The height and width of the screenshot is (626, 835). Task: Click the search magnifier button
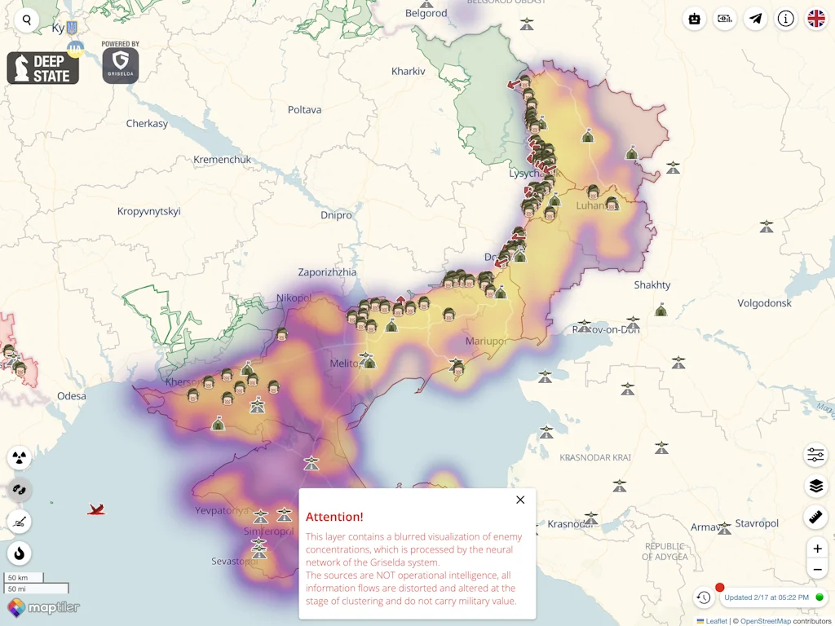coord(27,20)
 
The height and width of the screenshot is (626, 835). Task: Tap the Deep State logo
coord(43,68)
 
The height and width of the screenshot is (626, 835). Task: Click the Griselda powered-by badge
coord(121,64)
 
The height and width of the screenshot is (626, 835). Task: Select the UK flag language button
coord(815,19)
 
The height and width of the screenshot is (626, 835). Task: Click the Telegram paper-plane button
coord(756,19)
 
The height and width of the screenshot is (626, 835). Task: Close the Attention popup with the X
coord(520,500)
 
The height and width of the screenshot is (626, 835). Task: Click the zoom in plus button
coord(817,548)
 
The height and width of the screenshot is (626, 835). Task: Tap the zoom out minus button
coord(817,569)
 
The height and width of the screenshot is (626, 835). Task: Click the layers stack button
coord(815,487)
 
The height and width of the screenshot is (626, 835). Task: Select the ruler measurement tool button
coord(815,517)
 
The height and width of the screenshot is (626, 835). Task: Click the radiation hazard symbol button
coord(20,457)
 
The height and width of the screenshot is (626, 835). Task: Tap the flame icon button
coord(20,553)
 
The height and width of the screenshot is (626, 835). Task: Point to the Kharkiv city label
coord(409,72)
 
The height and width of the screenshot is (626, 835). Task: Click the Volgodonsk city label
coord(764,303)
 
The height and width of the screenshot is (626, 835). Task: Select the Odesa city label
coord(71,396)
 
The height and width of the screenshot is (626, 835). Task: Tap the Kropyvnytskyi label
coord(149,212)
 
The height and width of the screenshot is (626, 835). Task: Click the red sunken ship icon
coord(97,510)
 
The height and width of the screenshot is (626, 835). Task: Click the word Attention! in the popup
coord(334,517)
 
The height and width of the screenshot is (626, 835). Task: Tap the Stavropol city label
coord(757,523)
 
